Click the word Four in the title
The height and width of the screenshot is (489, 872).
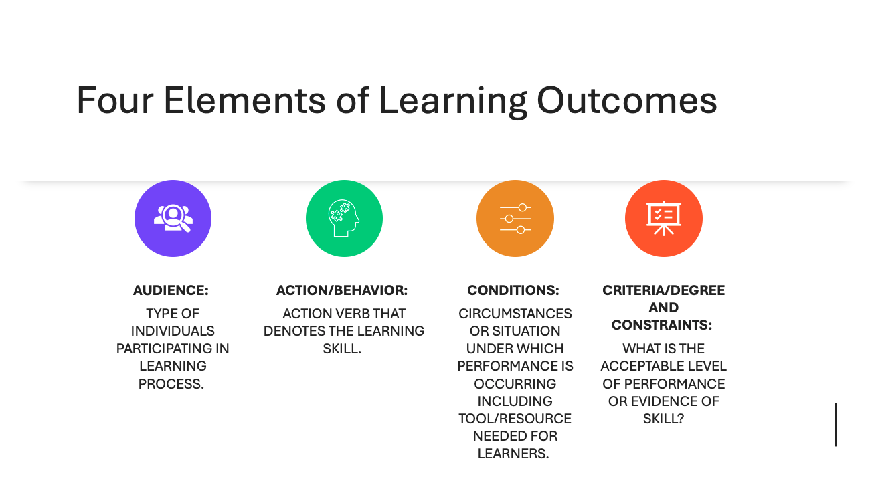[113, 100]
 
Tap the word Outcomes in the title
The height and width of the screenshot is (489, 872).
[626, 100]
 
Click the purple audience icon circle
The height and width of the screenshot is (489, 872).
[173, 218]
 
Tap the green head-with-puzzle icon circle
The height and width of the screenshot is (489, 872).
[344, 218]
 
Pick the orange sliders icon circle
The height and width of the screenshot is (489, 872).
[515, 218]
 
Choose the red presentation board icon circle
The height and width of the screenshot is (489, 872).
[663, 218]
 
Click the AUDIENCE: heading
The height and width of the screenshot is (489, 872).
[171, 290]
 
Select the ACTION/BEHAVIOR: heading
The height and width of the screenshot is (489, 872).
[342, 290]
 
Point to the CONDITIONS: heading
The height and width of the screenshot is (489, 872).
[513, 290]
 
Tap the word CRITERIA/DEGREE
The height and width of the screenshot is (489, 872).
[663, 290]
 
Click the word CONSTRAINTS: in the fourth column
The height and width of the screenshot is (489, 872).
[662, 325]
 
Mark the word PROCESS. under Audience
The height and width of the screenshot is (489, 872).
[171, 384]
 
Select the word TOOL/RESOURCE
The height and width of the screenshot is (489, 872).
[515, 419]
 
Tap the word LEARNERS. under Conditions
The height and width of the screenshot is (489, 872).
[513, 454]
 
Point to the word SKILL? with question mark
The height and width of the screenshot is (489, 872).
[663, 419]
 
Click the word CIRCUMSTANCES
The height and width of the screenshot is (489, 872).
[515, 314]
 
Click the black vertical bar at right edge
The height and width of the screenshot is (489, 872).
[835, 425]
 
